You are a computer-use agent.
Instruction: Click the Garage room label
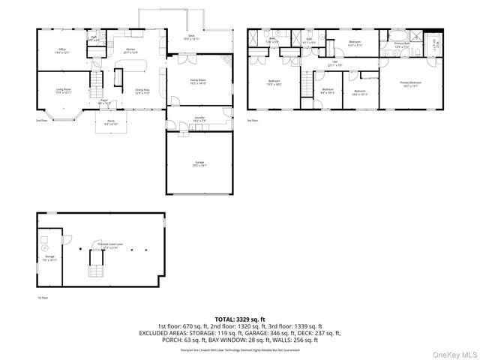click(x=199, y=163)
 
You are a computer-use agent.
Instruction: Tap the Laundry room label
click(x=199, y=118)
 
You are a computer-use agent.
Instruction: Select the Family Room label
click(x=199, y=81)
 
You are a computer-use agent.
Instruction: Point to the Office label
click(x=61, y=51)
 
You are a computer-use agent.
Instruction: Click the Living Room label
click(x=64, y=90)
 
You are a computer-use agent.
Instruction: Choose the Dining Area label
click(x=143, y=91)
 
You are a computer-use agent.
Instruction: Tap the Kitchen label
click(x=130, y=51)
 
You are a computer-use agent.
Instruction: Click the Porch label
click(x=110, y=121)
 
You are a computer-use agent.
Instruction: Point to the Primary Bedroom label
click(x=409, y=83)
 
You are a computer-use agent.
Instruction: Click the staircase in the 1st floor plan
click(x=97, y=263)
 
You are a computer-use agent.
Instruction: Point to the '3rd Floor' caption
click(x=253, y=120)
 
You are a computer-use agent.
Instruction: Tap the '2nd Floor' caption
click(x=40, y=120)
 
